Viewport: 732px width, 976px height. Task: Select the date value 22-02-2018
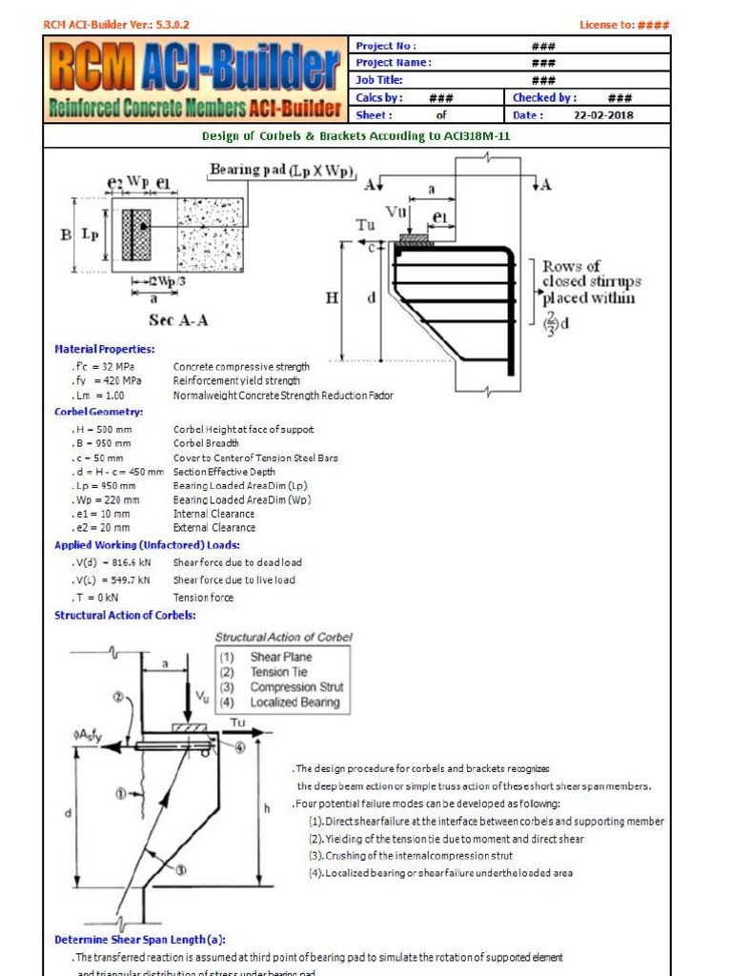click(x=602, y=115)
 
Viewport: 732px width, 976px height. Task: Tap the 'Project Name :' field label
click(x=394, y=63)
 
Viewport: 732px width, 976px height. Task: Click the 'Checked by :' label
click(x=544, y=97)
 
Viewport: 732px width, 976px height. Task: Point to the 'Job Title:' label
click(x=379, y=80)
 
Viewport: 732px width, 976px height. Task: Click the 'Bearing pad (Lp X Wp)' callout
click(x=282, y=172)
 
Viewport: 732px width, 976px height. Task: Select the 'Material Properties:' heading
click(x=104, y=350)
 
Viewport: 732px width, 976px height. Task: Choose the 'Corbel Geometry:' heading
click(x=98, y=412)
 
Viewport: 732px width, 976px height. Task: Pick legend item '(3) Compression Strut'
click(x=281, y=687)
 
